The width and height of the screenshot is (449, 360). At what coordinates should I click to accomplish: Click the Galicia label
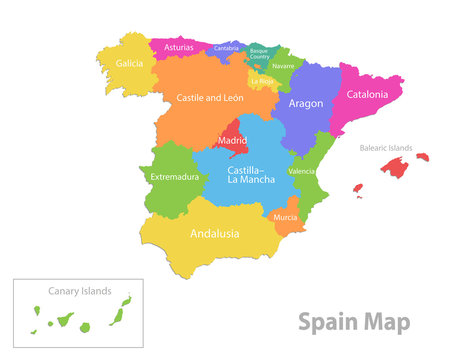(x=129, y=63)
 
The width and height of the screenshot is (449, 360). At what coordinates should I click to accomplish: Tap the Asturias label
(x=179, y=47)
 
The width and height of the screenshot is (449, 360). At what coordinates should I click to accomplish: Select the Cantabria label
(x=227, y=48)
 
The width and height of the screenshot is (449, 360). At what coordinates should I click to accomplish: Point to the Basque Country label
(x=259, y=52)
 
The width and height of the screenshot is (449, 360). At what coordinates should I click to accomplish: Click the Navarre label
(x=283, y=66)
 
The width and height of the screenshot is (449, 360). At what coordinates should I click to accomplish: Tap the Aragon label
(x=305, y=103)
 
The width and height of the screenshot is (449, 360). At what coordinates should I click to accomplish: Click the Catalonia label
(x=367, y=95)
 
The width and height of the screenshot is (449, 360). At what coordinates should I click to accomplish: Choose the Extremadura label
(x=174, y=177)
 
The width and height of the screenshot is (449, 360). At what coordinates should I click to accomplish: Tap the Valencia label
(x=302, y=172)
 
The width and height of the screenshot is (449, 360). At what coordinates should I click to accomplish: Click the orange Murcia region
(x=287, y=217)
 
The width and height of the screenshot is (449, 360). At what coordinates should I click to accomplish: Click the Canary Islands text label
(x=78, y=292)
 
